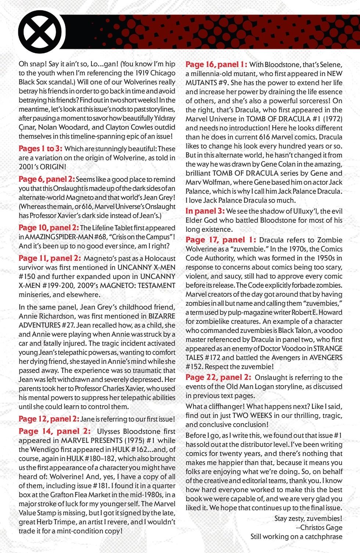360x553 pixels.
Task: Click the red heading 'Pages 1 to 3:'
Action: pos(40,149)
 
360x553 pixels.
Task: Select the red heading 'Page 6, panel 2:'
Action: pos(47,179)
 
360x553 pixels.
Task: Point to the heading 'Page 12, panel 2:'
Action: pos(48,419)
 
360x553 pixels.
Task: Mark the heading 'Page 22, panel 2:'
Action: pos(218,377)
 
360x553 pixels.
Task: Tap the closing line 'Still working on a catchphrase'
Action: pos(296,536)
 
